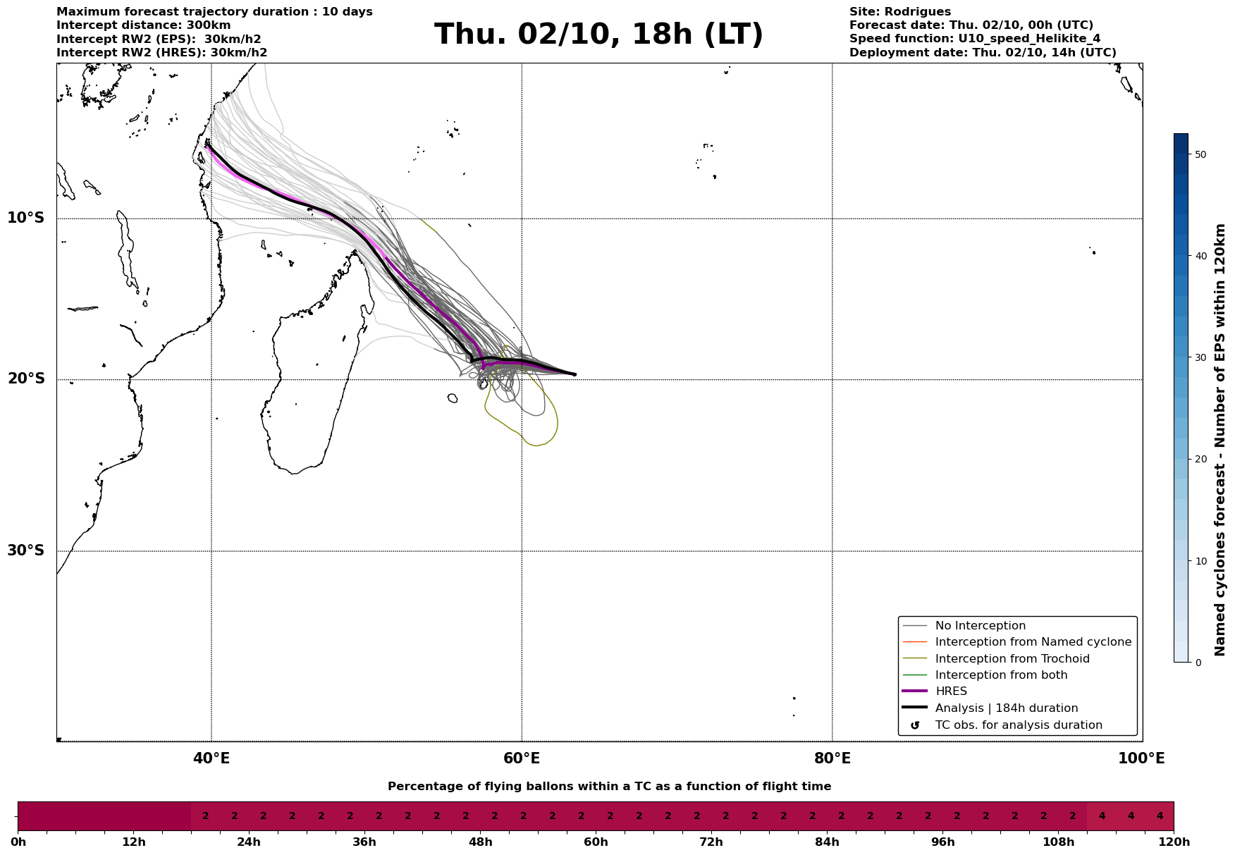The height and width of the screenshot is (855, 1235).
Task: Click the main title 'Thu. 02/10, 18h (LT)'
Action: [598, 35]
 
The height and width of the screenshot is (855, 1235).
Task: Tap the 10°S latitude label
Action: [26, 218]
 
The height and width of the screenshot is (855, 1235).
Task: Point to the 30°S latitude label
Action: [26, 550]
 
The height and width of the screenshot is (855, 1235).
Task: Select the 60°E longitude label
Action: [522, 758]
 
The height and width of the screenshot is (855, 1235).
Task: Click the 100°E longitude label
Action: [1141, 758]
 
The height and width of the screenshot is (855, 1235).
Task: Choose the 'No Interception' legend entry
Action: [980, 626]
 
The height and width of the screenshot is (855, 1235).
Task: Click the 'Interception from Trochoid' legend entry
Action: [1012, 659]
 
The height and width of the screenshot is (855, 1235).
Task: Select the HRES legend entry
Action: [951, 691]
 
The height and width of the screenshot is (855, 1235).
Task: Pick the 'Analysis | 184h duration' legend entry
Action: [1006, 708]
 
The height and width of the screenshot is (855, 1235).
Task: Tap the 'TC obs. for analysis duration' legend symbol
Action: [915, 725]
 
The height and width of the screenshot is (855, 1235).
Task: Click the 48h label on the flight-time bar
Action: [480, 842]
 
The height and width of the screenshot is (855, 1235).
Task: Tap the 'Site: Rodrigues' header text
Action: [899, 12]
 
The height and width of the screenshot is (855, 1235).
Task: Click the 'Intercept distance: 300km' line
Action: [143, 25]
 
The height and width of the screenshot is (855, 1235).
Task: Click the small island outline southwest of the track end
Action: [453, 398]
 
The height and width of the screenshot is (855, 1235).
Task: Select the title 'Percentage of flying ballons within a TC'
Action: [609, 787]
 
